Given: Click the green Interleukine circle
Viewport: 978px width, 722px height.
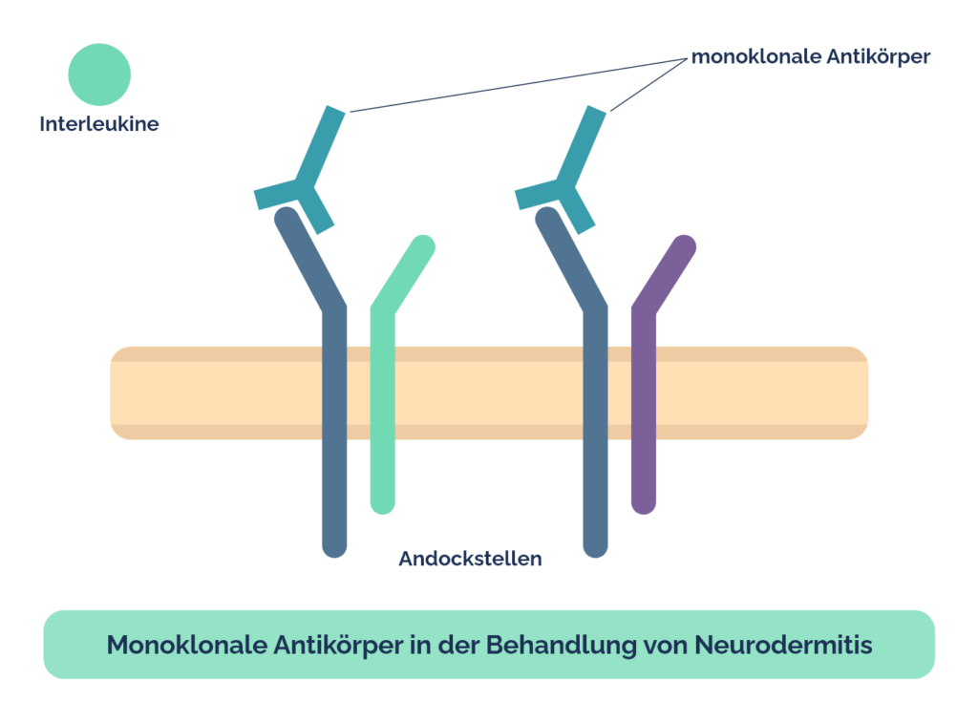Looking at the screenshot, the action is tap(99, 74).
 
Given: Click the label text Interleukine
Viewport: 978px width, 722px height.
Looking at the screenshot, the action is tap(99, 123).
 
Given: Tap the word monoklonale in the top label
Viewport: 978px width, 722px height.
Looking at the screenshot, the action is tap(756, 56).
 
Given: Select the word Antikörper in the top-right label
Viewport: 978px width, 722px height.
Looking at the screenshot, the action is tap(879, 56).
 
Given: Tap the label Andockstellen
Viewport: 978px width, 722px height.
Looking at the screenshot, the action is tap(470, 558).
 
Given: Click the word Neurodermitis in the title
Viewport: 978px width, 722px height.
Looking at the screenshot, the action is tap(783, 645).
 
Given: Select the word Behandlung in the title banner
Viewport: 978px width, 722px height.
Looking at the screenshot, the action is tap(562, 645).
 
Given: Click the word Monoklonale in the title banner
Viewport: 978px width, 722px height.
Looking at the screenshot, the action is tap(187, 645).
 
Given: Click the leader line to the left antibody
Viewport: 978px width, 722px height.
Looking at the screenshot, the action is tap(519, 85).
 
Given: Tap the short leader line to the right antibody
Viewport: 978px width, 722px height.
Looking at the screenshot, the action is tap(648, 85).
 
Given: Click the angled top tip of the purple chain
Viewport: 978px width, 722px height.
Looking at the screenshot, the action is tap(685, 246).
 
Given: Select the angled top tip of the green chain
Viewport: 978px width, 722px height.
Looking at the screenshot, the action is tap(424, 246).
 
